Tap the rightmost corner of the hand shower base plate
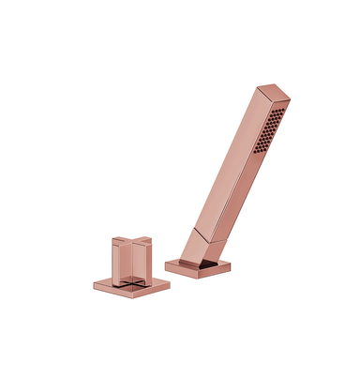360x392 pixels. pos(230,264)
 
